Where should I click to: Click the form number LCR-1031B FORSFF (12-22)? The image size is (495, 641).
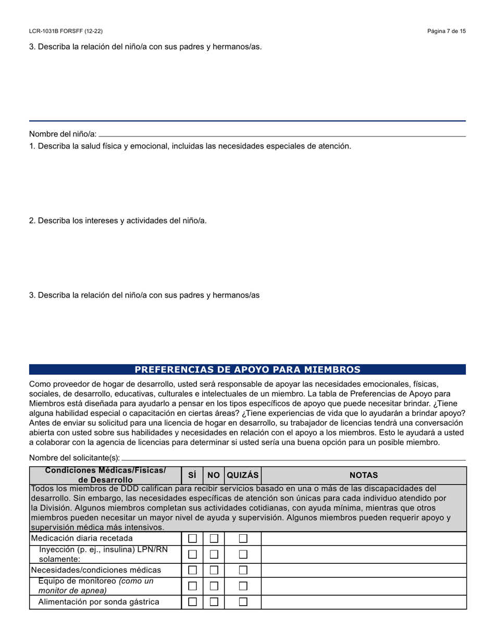point(69,31)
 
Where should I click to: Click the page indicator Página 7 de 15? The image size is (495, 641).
point(446,31)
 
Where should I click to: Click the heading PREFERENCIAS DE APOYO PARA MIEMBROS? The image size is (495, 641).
point(247,369)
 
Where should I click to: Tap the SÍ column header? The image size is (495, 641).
point(192,475)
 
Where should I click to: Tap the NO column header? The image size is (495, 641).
point(214,475)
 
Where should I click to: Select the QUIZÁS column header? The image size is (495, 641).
point(243,475)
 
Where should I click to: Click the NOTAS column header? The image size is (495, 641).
point(363,475)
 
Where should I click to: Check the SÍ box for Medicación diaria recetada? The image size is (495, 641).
point(192,538)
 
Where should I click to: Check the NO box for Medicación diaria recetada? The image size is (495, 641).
point(214,538)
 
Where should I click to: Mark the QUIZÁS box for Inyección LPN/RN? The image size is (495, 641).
point(243,554)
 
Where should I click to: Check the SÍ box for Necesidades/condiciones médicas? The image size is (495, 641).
point(192,570)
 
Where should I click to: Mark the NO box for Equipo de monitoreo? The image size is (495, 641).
point(214,586)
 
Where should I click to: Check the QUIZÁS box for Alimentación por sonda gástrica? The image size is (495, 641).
point(243,602)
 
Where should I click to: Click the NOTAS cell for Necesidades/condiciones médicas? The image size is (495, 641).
point(363,570)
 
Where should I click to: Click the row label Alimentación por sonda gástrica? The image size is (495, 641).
point(98,602)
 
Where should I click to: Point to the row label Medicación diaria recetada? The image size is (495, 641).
point(82,538)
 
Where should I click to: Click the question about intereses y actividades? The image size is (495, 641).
point(118,220)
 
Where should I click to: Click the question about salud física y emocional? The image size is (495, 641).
point(190,146)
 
